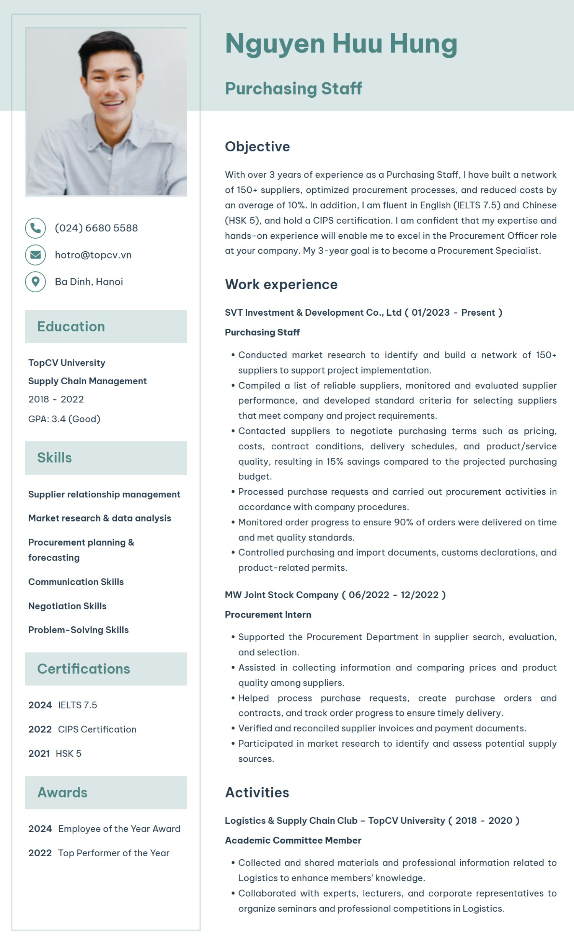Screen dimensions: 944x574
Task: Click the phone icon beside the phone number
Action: pos(35,228)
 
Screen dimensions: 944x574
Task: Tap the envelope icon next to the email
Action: pos(35,255)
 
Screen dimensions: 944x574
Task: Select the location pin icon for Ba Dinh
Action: pos(35,282)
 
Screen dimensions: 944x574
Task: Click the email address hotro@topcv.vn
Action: pos(93,255)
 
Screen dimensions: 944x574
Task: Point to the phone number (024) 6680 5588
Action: pos(96,228)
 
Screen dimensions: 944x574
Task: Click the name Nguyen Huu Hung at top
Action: pos(341,43)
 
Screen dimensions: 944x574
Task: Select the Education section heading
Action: pos(71,326)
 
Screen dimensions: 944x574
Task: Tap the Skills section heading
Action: pos(54,457)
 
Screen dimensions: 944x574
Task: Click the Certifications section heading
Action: pos(83,669)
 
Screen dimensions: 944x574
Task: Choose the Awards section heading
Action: pos(62,792)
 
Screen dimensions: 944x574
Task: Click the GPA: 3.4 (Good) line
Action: pos(64,419)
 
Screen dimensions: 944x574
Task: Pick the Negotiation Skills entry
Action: pos(67,606)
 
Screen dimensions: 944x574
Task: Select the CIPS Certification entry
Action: pos(97,729)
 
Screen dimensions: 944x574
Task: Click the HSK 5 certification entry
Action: pos(68,753)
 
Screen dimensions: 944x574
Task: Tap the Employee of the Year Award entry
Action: pos(119,829)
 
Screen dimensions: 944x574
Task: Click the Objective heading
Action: pos(257,146)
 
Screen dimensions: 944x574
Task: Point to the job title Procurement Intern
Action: pos(268,615)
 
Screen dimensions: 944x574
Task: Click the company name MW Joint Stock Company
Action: pos(282,595)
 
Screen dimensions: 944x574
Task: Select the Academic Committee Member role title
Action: pos(293,840)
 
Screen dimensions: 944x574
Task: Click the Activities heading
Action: pos(257,792)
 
